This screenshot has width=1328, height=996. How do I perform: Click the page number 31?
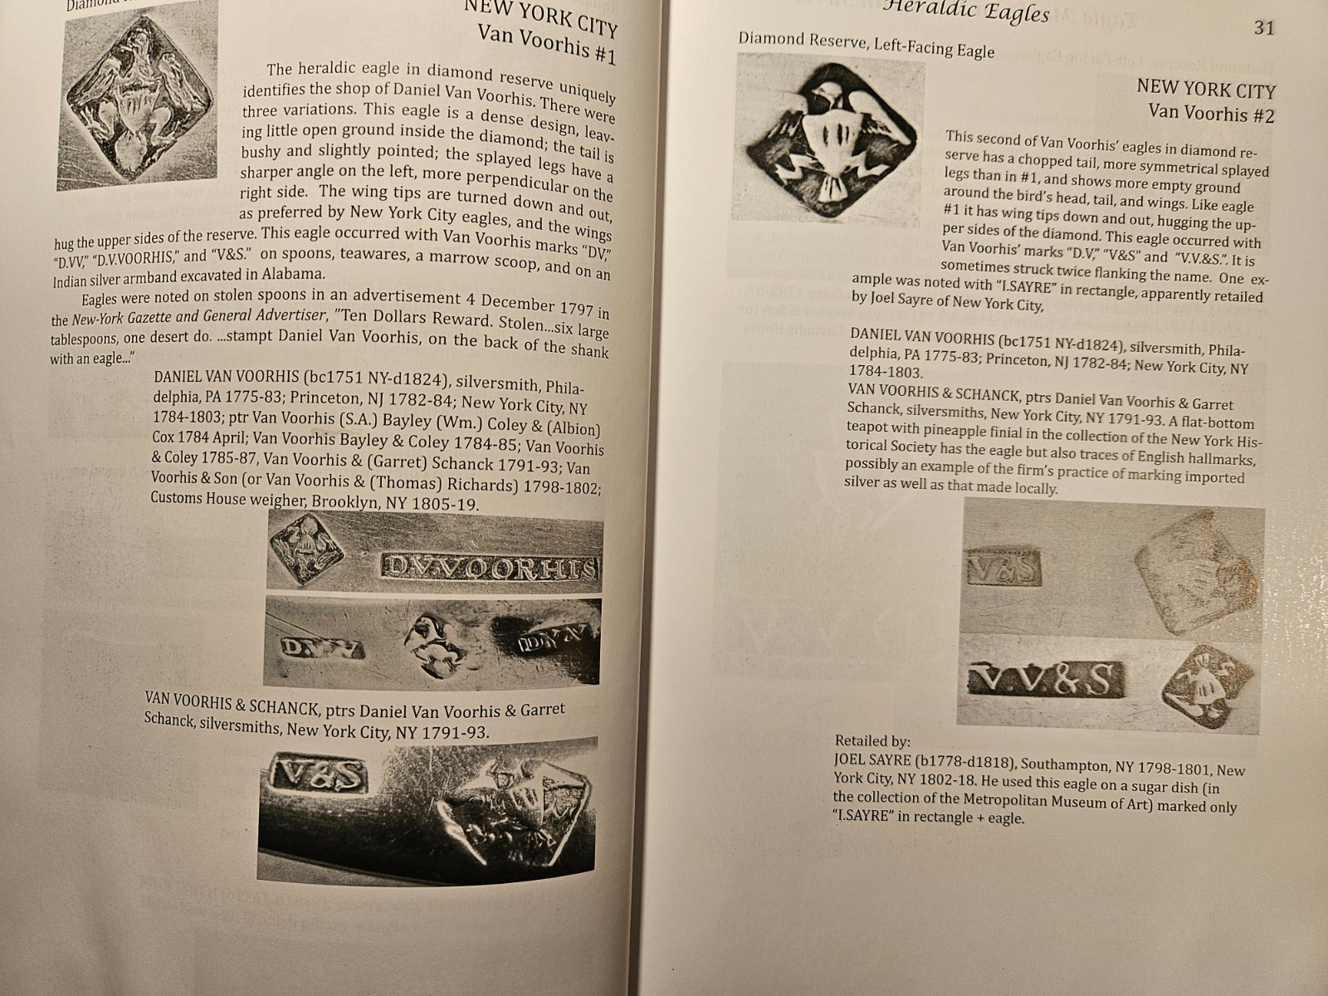[1264, 28]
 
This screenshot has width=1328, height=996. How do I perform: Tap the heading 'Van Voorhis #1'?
[546, 44]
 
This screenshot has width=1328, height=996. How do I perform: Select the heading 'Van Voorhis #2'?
[1211, 113]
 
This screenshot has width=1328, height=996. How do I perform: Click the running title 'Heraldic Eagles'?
[965, 12]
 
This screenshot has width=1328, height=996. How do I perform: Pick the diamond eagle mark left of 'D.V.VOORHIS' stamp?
[305, 549]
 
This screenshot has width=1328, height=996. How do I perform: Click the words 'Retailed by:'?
[872, 741]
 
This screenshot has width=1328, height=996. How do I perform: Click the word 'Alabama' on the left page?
[293, 273]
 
